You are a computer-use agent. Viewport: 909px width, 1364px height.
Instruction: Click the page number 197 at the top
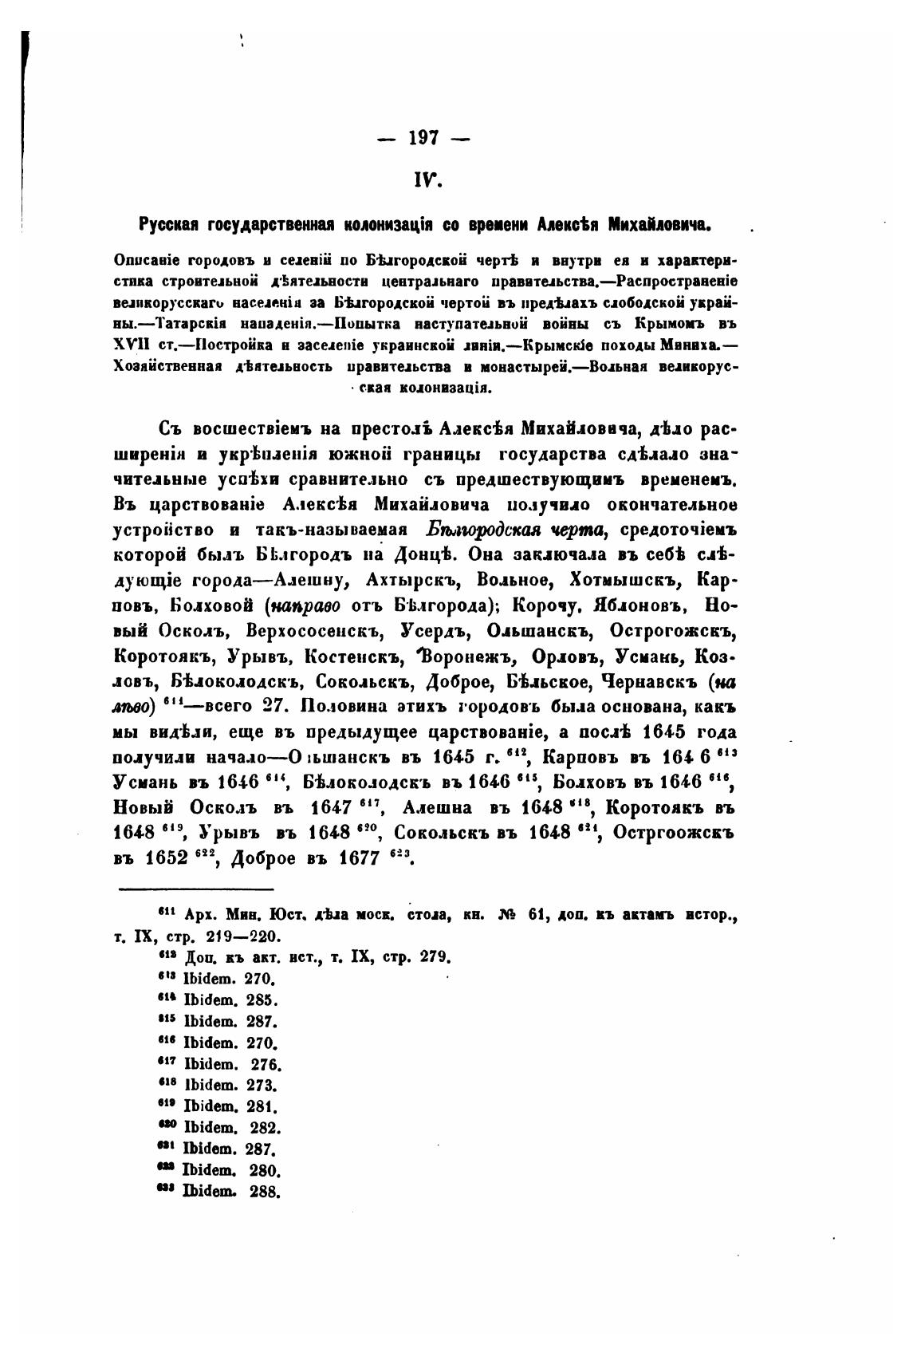[423, 138]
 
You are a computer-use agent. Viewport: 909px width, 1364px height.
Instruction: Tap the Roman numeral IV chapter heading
[423, 182]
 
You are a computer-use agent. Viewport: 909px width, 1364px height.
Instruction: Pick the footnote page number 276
[266, 1065]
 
